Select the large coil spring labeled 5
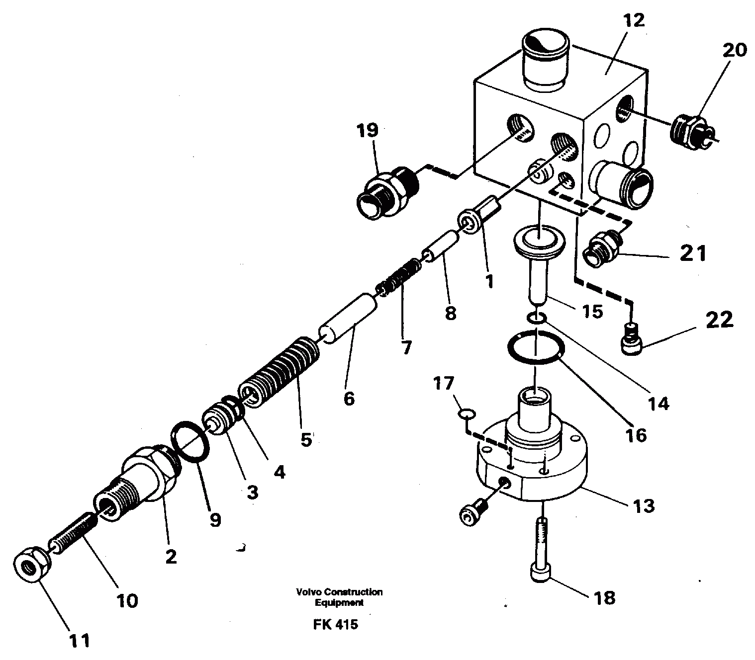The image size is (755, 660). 281,373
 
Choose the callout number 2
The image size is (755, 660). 170,557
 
